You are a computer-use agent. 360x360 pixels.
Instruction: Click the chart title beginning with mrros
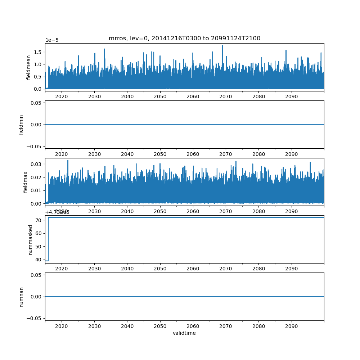click(x=184, y=38)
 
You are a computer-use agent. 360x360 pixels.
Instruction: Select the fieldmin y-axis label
click(x=21, y=125)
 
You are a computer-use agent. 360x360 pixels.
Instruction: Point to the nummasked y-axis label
click(x=31, y=239)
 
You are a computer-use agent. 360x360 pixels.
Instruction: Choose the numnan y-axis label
click(x=21, y=297)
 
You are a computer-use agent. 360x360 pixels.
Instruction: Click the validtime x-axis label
click(x=184, y=333)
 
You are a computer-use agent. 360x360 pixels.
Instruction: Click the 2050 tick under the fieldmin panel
click(x=160, y=154)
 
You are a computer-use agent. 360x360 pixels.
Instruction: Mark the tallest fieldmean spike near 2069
click(x=222, y=46)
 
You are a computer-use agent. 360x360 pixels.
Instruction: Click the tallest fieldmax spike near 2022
click(x=68, y=161)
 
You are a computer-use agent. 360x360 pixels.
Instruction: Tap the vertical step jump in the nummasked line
click(x=48, y=239)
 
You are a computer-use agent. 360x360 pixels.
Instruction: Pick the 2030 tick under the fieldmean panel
click(x=94, y=97)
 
